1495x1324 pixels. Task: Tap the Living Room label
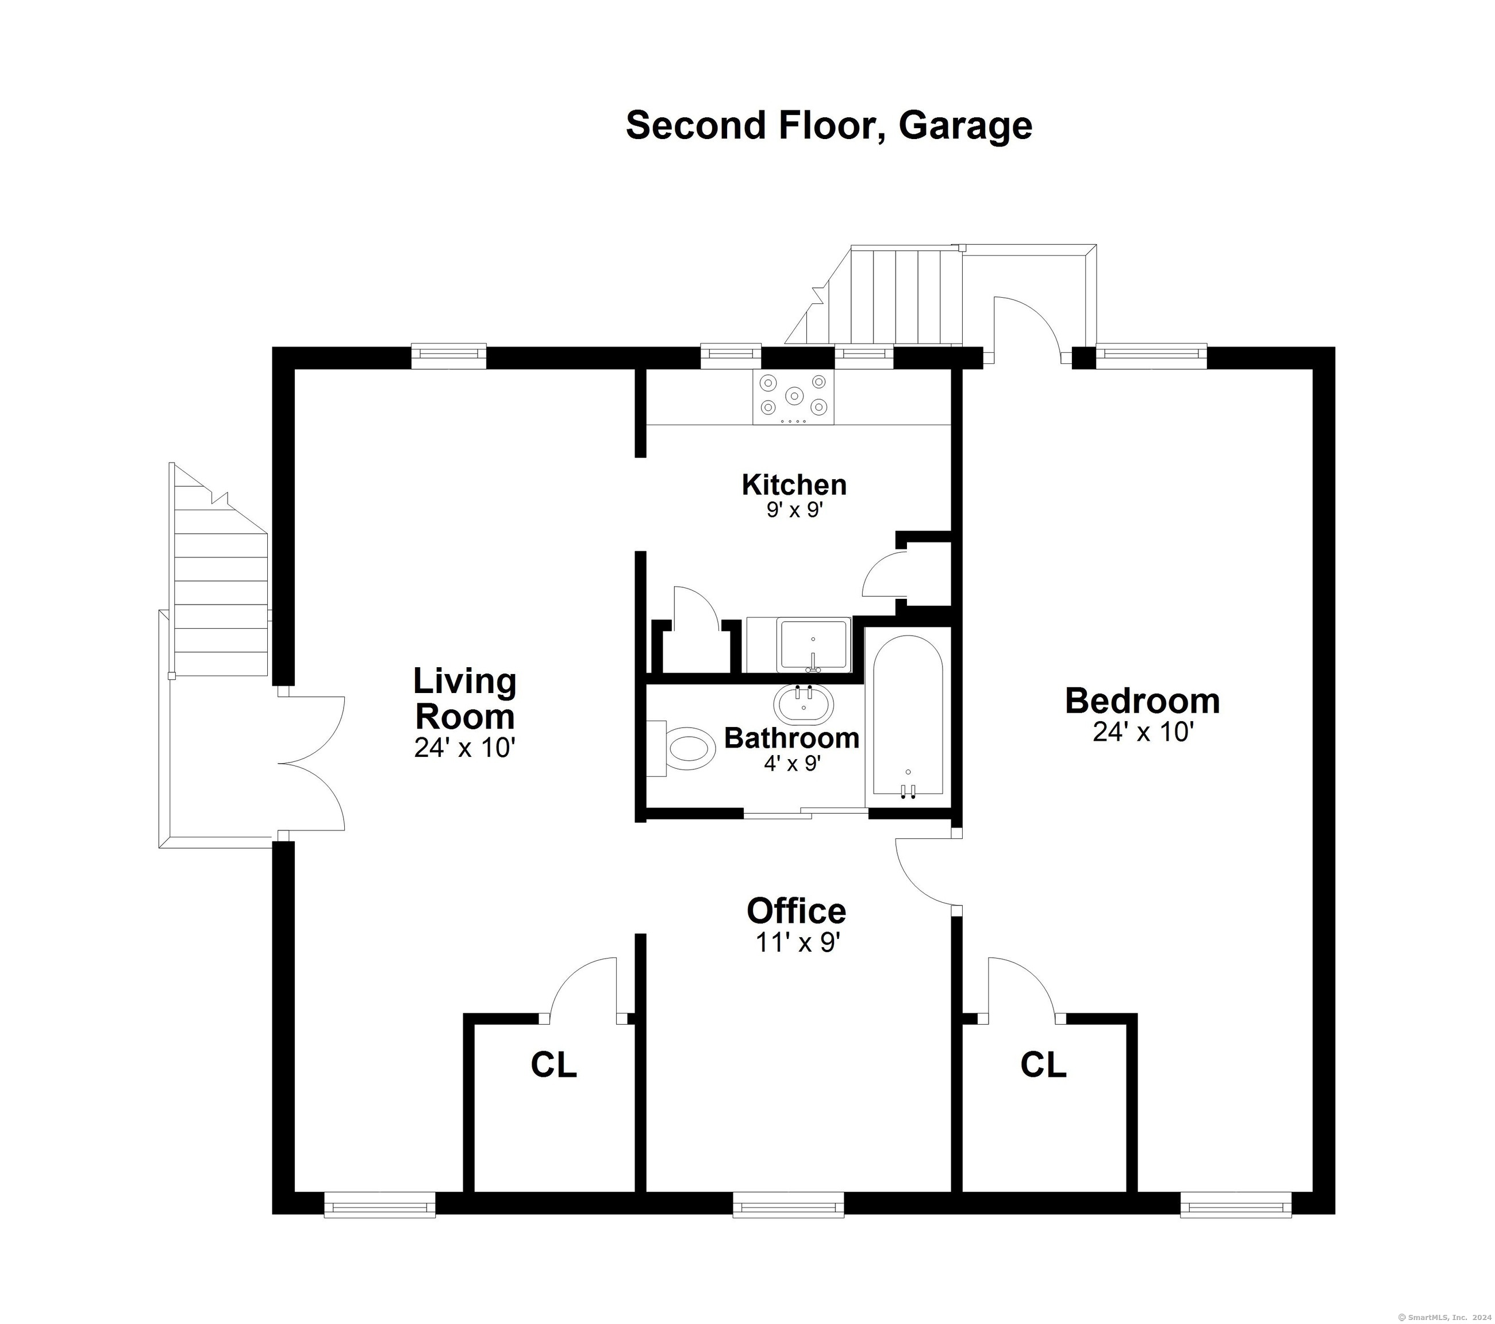coord(464,698)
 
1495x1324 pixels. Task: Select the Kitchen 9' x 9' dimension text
coord(794,510)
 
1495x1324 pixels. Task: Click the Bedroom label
coord(1142,701)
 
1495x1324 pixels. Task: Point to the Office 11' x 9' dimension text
coord(797,943)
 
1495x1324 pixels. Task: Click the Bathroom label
coord(791,738)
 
